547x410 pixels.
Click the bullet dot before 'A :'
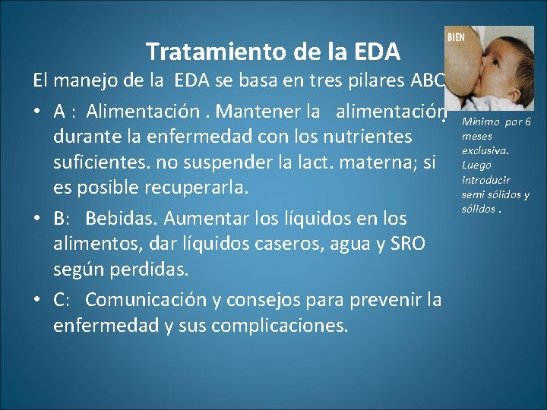coord(37,112)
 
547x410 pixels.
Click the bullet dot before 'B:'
coord(37,219)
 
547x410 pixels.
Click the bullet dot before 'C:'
coord(37,300)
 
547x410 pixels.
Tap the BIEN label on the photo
coord(456,37)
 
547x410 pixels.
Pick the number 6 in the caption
coord(527,123)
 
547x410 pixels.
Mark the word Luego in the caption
coord(476,166)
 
